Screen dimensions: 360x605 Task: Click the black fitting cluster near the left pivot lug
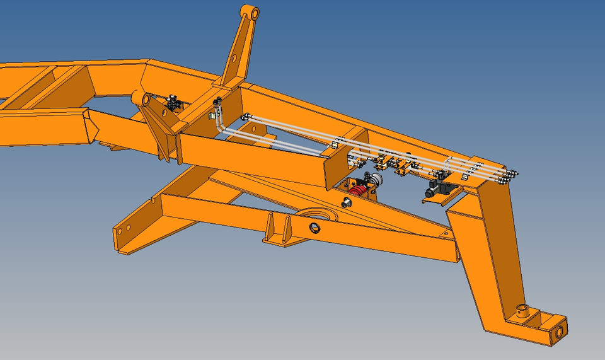(173, 102)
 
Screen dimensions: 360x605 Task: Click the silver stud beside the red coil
(345, 202)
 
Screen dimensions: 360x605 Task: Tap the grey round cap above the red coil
(376, 180)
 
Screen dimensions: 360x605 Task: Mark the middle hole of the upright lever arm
(233, 58)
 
